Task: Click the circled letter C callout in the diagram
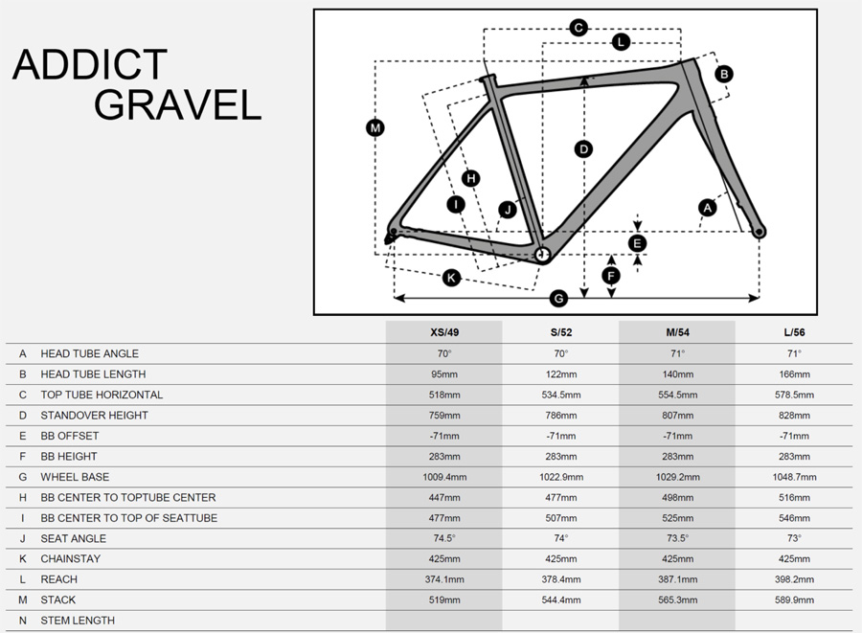point(578,28)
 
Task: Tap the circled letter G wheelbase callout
point(558,299)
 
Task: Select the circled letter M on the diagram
point(374,128)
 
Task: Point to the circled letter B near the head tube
point(724,74)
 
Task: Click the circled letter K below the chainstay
point(451,278)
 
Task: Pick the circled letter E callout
point(637,243)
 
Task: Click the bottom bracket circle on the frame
point(542,254)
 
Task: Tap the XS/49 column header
point(444,332)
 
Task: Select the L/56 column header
point(794,332)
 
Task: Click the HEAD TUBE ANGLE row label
point(90,354)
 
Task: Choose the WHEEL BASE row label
point(75,477)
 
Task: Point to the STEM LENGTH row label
point(78,621)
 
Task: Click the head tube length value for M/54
point(678,374)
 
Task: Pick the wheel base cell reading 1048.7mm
point(794,477)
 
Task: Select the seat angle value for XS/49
point(444,538)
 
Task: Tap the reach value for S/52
point(561,579)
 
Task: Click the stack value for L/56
point(794,600)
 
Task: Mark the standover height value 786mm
point(561,416)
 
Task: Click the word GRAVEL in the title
point(177,104)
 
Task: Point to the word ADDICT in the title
point(90,64)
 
